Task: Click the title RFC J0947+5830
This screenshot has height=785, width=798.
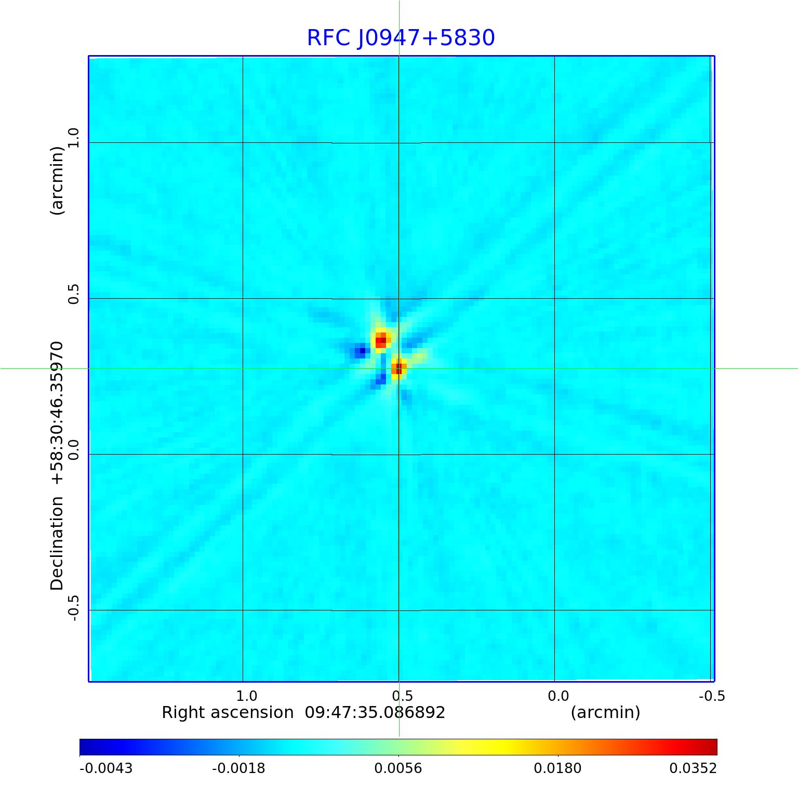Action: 401,38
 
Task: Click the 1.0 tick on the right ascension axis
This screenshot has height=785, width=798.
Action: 246,696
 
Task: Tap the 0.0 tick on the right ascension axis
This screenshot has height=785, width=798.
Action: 558,696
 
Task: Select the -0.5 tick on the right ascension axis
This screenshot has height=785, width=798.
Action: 712,696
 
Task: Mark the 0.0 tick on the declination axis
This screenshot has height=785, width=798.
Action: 73,450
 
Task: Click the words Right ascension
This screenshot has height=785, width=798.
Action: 228,712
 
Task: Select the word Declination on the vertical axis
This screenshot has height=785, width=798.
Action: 57,543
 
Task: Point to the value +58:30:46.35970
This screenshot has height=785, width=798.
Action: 57,413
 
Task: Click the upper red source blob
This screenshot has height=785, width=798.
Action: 381,340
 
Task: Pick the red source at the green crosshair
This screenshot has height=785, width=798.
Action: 398,368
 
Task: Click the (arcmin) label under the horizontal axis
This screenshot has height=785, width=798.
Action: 605,712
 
